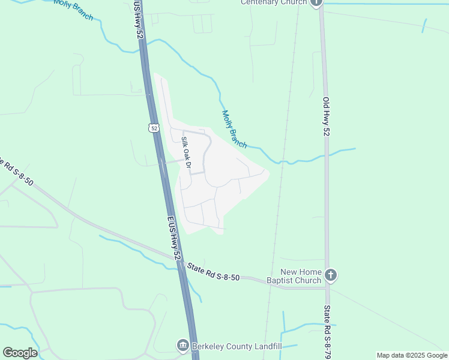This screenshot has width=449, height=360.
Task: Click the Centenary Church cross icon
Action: click(316, 2)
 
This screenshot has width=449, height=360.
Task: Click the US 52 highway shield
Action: click(154, 128)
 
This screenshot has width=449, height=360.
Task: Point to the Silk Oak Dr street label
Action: click(186, 152)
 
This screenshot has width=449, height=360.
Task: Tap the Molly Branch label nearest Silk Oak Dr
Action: click(234, 129)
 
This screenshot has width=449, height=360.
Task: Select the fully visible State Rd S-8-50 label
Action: click(213, 272)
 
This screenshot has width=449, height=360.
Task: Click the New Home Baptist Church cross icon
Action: click(330, 275)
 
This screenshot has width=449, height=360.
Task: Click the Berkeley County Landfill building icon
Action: click(182, 346)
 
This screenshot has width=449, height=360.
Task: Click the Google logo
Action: click(20, 353)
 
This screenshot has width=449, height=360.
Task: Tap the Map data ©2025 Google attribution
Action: click(412, 355)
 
